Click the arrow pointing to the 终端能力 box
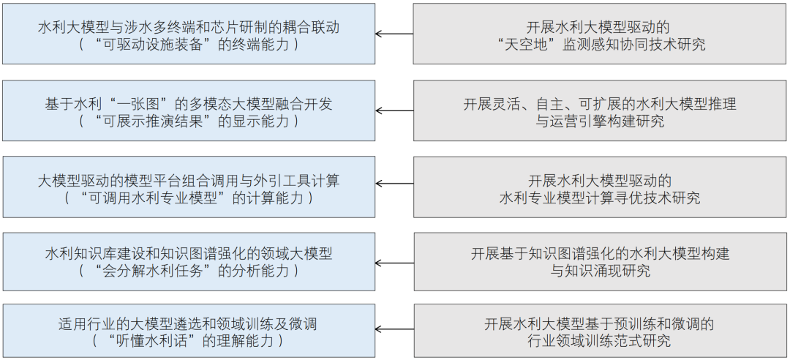[394, 34]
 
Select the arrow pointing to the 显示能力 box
[394, 111]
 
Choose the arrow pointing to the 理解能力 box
[394, 332]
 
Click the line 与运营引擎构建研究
[600, 121]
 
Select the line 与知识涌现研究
[600, 271]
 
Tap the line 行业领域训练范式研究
[600, 341]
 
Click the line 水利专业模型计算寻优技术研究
[600, 198]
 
